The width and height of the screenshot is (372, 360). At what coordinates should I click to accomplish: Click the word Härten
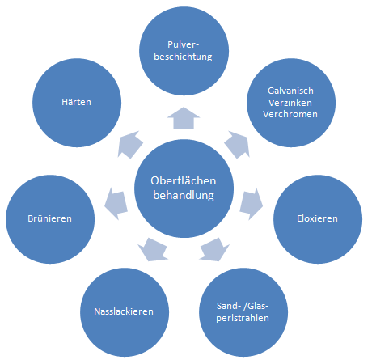pos(76,102)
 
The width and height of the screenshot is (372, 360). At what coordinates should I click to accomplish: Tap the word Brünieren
pos(50,218)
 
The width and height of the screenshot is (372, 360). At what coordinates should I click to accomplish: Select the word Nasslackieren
pos(124,311)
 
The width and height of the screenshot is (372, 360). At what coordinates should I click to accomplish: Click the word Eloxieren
pos(317,218)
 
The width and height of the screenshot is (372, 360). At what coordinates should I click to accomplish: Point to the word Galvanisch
pos(290,91)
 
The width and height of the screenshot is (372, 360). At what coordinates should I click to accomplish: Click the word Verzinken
pos(290,103)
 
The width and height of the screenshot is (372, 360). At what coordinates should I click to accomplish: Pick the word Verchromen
pos(290,114)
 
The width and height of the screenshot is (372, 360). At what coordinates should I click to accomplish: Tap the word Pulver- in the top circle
pos(183,44)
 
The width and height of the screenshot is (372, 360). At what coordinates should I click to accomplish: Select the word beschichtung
pos(183,57)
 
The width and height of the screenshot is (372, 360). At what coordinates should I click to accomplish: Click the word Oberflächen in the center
pos(184,180)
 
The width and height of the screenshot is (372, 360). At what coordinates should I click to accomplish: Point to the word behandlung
pos(184,195)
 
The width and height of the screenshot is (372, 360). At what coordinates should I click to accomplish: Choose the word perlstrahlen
pos(243,318)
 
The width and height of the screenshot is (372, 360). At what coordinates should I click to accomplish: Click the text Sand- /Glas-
pos(243,306)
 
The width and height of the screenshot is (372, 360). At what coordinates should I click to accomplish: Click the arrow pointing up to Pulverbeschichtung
pos(184,118)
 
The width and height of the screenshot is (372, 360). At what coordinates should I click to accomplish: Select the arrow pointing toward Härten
pos(130,145)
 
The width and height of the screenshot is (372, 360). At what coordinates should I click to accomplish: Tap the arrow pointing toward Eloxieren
pos(251,204)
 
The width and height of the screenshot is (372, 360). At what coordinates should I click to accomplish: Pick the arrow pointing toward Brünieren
pos(116,204)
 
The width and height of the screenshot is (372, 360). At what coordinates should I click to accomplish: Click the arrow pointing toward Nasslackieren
pos(153,249)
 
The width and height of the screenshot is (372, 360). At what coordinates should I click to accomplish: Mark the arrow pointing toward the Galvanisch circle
pos(237,145)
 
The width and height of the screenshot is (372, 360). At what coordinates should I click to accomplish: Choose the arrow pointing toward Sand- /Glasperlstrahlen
pos(214,249)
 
